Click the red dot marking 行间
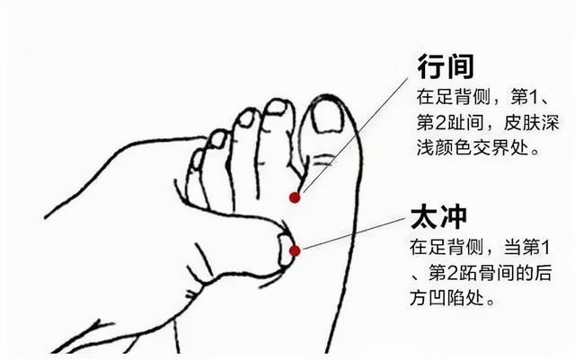294,197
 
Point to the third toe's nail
247,118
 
